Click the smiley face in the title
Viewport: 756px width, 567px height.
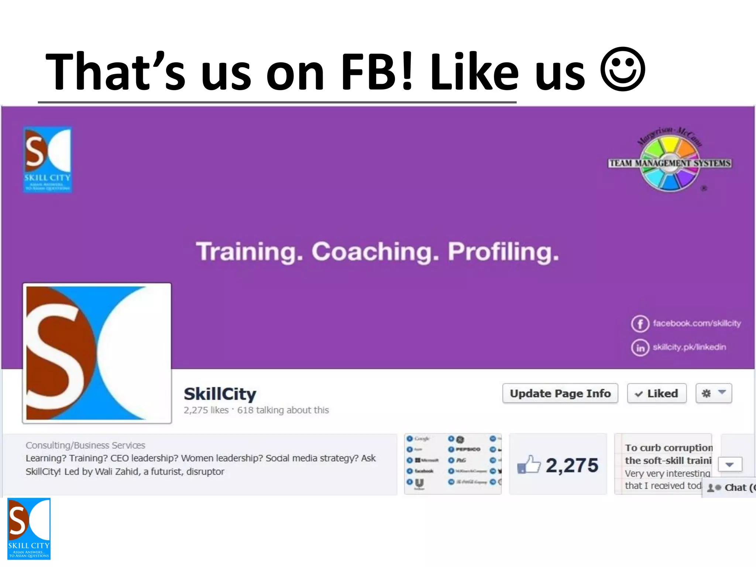623,69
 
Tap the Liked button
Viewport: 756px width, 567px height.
657,394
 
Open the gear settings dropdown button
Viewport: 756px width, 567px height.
714,394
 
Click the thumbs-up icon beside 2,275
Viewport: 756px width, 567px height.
529,465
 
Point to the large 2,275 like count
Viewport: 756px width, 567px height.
572,465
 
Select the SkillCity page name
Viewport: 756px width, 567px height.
220,394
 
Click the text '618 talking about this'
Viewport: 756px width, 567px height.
283,410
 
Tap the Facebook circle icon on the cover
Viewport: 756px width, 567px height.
640,324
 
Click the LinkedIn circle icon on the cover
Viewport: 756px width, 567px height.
640,347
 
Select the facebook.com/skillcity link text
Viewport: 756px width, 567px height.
697,323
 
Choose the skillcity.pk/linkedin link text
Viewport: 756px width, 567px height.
689,347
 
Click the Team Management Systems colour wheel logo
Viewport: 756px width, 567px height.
670,163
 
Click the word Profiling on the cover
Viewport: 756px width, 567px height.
503,252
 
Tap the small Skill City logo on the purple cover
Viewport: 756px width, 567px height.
48,159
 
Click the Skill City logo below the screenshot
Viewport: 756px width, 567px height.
29,529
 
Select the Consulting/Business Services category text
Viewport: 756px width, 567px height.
85,445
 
